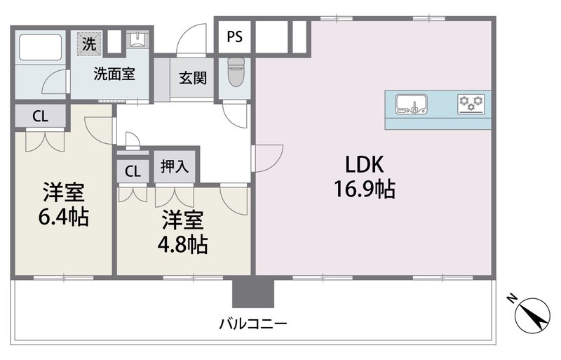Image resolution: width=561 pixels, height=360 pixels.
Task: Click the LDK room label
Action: (363, 164)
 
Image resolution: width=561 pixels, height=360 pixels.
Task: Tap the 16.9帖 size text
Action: (363, 189)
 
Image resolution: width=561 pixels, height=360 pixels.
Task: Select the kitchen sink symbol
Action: (411, 104)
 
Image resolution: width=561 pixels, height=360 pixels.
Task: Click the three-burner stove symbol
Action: (471, 104)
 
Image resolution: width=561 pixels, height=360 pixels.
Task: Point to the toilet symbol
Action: (234, 72)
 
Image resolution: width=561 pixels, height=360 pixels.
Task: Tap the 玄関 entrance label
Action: (192, 77)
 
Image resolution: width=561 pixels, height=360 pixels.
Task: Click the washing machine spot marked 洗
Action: (88, 43)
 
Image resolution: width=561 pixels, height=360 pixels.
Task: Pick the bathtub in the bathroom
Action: (40, 48)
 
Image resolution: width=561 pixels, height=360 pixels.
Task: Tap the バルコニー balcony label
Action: (253, 324)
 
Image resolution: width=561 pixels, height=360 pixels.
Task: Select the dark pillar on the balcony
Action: (252, 292)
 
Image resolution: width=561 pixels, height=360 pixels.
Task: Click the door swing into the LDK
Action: (267, 159)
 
